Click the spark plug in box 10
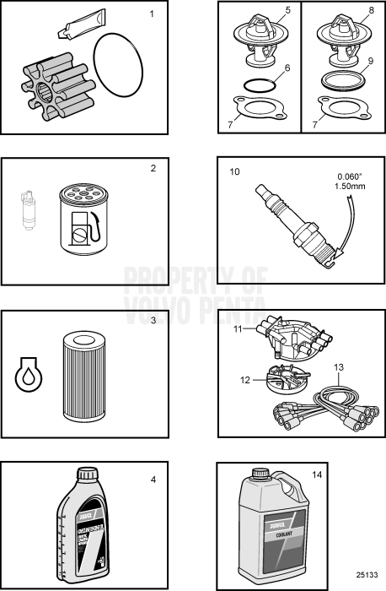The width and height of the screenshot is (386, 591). pyautogui.click(x=292, y=222)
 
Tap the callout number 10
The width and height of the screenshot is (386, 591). pyautogui.click(x=235, y=171)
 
